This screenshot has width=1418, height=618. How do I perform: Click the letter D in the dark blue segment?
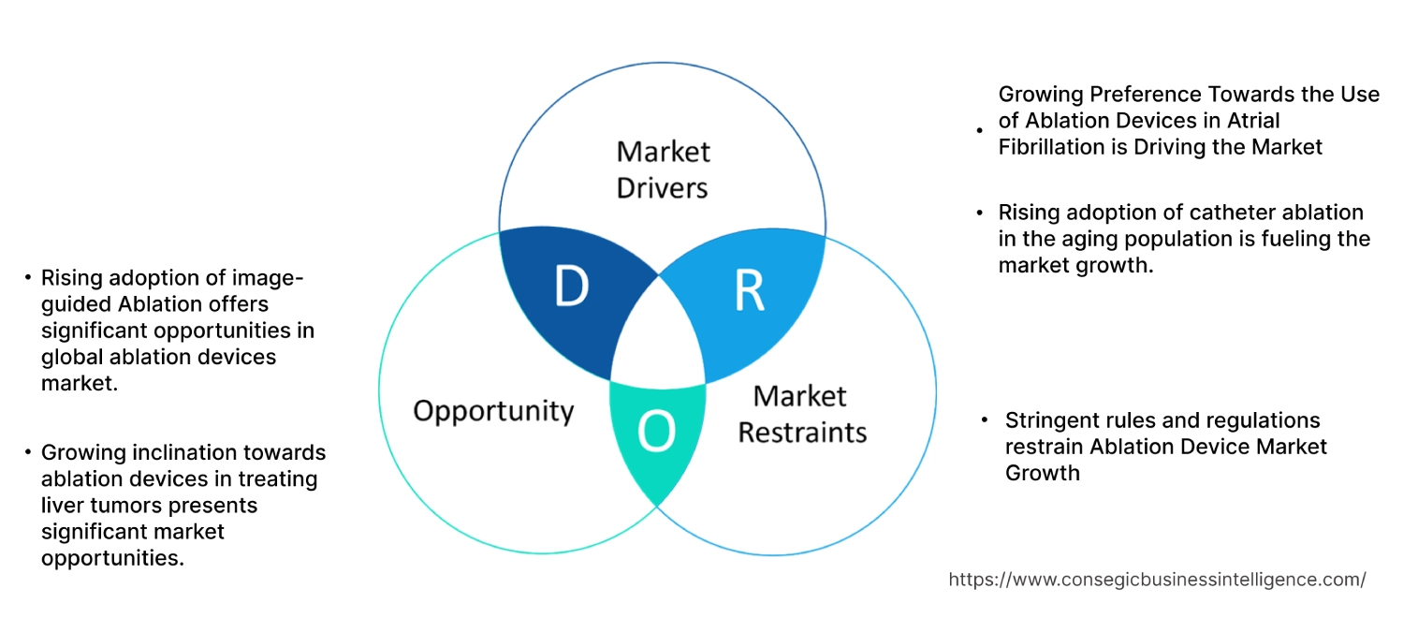tap(571, 287)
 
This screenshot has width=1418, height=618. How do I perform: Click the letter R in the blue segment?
tap(749, 291)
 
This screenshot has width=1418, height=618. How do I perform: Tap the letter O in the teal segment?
tap(655, 431)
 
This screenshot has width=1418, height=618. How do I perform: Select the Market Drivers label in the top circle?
tap(663, 169)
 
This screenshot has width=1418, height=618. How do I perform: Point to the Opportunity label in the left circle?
tap(493, 410)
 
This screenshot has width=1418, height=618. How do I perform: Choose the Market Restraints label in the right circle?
tap(801, 414)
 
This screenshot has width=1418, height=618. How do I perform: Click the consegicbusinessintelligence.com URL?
tap(1157, 580)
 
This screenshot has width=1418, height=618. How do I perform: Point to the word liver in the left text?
tap(62, 506)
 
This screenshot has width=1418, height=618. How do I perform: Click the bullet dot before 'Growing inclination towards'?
tap(28, 453)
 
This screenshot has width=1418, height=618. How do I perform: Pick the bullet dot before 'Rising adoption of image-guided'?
tap(28, 278)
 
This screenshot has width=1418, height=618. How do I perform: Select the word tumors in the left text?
tap(121, 506)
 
